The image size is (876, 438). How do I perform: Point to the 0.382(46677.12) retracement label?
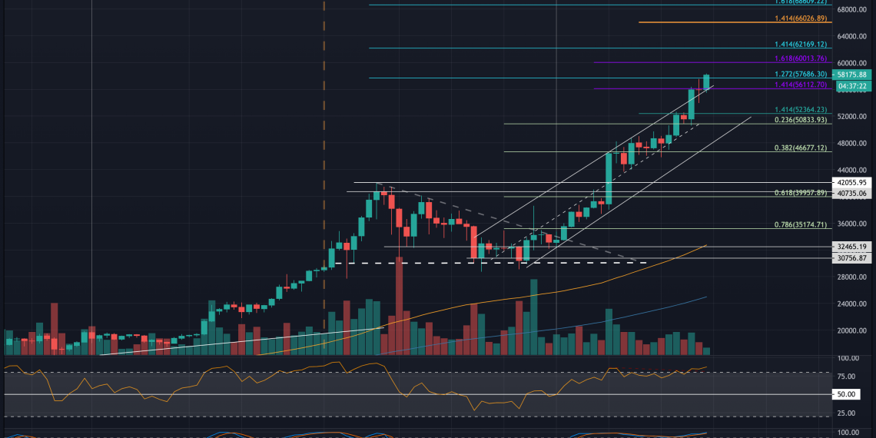[x=799, y=148]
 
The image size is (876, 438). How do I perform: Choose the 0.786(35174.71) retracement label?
[x=799, y=225]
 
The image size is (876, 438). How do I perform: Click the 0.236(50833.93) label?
[x=799, y=121]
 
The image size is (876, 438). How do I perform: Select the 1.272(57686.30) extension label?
[x=799, y=75]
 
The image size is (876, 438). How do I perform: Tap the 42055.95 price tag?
[x=851, y=183]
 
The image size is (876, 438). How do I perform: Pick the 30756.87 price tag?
[x=851, y=258]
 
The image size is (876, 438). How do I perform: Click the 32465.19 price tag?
[x=851, y=247]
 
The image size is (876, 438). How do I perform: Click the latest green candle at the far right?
[x=706, y=82]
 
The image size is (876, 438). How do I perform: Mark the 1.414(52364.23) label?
[x=799, y=110]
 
